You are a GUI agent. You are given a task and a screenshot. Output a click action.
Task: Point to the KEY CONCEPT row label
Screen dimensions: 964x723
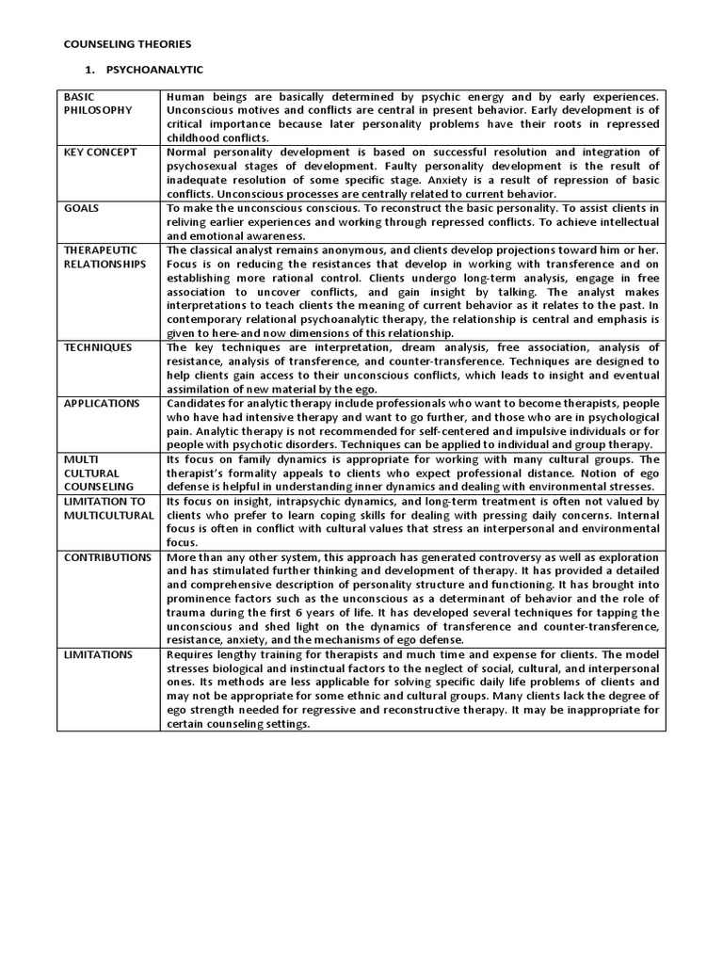(x=101, y=152)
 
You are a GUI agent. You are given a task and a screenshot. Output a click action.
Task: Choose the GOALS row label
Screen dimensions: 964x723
(x=82, y=207)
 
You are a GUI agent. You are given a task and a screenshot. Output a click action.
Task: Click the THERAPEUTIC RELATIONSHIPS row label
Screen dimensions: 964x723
(x=104, y=256)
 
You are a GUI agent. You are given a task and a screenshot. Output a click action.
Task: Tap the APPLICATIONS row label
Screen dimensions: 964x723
(x=102, y=403)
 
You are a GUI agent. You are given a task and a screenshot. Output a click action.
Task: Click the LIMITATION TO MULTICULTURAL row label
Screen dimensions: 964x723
(x=107, y=508)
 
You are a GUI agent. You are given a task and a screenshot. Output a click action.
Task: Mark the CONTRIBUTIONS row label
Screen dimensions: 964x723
(x=107, y=557)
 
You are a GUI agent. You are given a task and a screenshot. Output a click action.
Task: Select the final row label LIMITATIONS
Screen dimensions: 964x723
(x=98, y=654)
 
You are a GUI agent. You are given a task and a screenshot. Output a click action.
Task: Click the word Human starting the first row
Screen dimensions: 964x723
(x=185, y=97)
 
